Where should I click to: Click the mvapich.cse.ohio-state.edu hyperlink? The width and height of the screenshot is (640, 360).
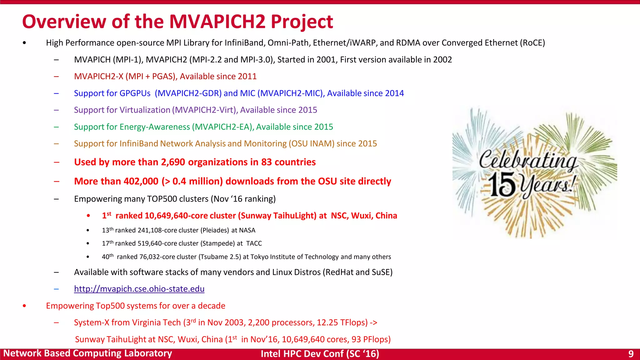(x=139, y=289)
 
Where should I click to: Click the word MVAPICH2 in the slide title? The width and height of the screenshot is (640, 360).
(x=217, y=22)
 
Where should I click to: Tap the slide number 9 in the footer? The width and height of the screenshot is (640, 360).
(x=631, y=354)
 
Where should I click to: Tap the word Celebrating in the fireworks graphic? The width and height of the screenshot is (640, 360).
(x=528, y=160)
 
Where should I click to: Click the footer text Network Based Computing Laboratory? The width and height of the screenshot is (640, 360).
(x=87, y=353)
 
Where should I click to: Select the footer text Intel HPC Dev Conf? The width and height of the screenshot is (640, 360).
(x=302, y=354)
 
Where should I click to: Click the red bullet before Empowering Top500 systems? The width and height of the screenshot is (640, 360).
(x=24, y=306)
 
